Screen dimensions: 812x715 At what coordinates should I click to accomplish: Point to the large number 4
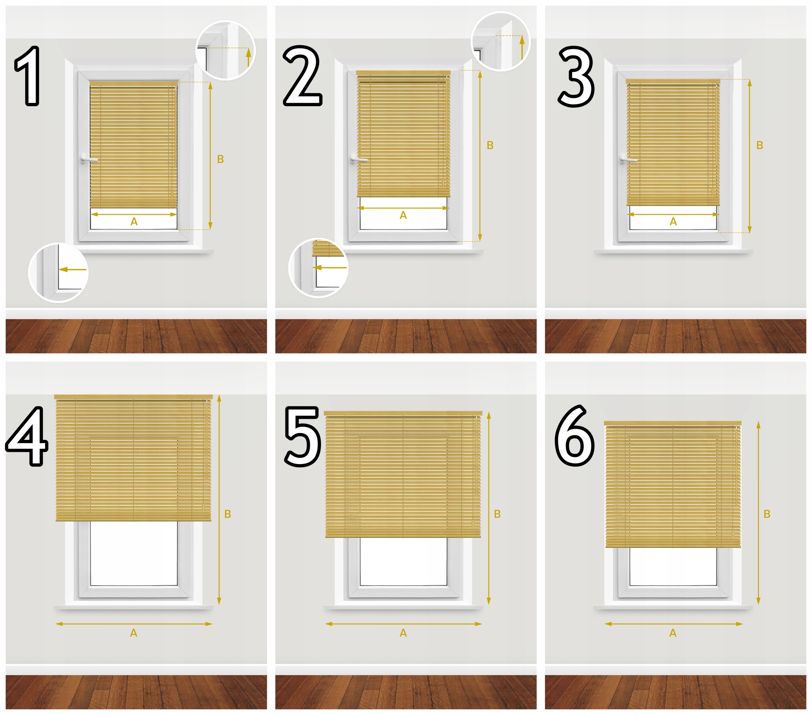tap(27, 436)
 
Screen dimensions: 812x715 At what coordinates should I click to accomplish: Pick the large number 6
tap(575, 436)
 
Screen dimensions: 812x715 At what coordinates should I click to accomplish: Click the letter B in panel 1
tap(220, 159)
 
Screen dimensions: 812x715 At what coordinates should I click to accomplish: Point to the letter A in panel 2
tap(403, 215)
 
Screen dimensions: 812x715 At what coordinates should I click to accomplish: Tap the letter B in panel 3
tap(760, 145)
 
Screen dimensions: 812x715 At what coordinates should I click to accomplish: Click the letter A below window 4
tap(134, 633)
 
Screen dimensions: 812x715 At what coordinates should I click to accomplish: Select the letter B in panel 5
tap(497, 514)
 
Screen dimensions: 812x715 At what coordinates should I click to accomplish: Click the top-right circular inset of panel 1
tap(226, 50)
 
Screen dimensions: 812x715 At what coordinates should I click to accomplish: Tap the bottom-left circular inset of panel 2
tap(318, 268)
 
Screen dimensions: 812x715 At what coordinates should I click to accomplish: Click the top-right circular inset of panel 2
tap(501, 41)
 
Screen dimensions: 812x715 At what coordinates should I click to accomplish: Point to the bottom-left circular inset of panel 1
tap(58, 273)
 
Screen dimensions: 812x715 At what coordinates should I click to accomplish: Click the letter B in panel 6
tap(767, 514)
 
